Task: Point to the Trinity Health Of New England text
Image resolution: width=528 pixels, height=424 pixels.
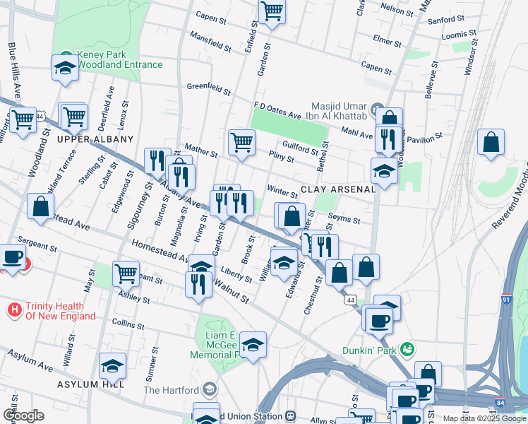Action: [x=60, y=311]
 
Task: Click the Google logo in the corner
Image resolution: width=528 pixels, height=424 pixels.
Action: [x=23, y=416]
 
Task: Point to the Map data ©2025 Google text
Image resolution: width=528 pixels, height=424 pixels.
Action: [x=484, y=418]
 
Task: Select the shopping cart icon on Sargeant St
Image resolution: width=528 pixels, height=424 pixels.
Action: [x=126, y=273]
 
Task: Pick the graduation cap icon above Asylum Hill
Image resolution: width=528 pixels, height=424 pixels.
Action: [x=112, y=365]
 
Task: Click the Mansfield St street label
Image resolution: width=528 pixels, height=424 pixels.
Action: [x=210, y=42]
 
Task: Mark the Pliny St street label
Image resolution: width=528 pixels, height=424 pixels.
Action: [x=282, y=156]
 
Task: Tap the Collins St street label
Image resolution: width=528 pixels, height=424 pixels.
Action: [x=127, y=324]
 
